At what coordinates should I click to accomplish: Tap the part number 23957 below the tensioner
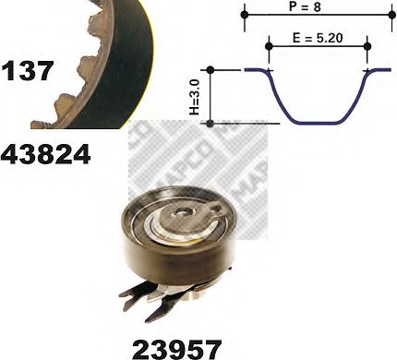(x=176, y=347)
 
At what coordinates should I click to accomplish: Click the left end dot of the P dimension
(x=246, y=15)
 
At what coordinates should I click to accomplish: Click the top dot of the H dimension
(x=211, y=69)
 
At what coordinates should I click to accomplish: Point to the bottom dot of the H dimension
(x=211, y=122)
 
